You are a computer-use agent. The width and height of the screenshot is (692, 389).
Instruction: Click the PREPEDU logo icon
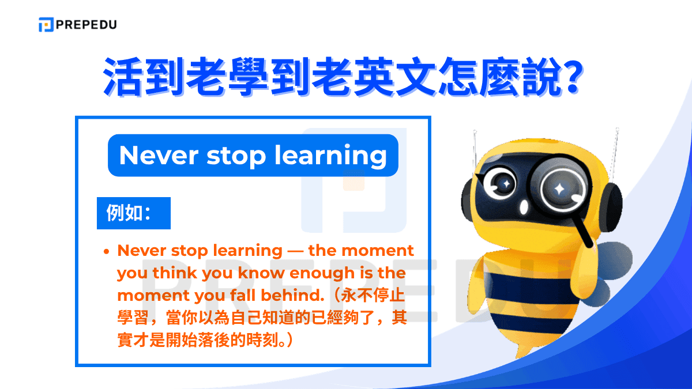tap(46, 25)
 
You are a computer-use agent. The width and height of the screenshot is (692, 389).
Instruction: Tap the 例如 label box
tap(133, 213)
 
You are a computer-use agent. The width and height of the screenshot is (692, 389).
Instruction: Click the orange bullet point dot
tap(107, 252)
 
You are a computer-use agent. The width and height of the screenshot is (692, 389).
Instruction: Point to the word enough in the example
tap(323, 273)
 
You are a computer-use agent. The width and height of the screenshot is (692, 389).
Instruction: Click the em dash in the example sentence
tap(295, 251)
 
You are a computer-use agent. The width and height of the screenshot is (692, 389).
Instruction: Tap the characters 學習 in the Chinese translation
tap(132, 318)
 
